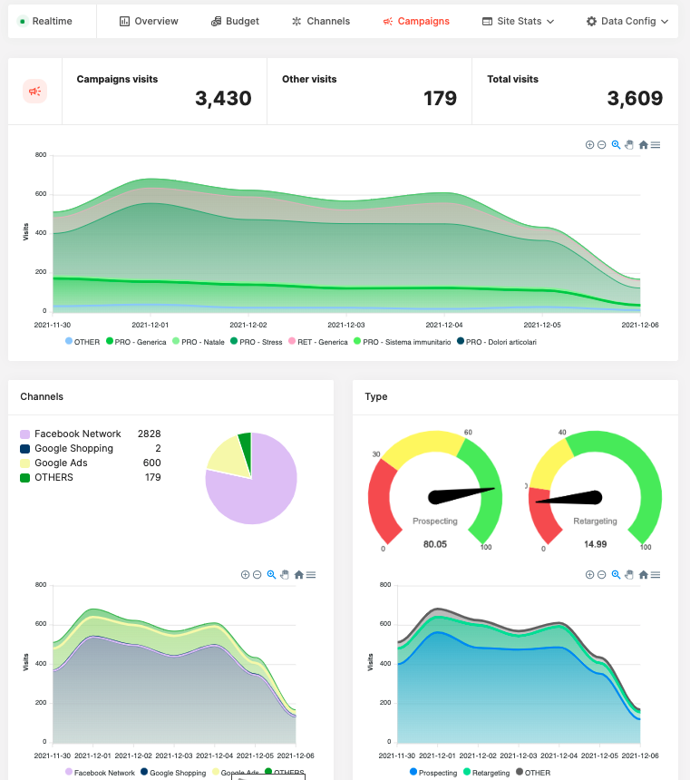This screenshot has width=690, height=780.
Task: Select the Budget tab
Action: coord(235,21)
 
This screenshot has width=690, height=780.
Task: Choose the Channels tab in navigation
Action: coord(321,21)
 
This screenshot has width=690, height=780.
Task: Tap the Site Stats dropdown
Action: coord(519,21)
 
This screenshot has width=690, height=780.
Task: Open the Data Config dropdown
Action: coord(627,21)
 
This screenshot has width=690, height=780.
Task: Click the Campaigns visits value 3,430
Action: coord(223,98)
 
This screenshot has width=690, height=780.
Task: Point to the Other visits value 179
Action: coord(440,98)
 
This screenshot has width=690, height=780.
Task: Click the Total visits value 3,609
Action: coord(635,98)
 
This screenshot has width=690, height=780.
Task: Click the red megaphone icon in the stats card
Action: coord(35,92)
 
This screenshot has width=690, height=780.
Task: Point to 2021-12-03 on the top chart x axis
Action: coord(345,324)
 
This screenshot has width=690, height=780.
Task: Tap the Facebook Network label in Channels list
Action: coord(77,434)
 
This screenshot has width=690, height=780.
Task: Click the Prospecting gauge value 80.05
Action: coord(434,544)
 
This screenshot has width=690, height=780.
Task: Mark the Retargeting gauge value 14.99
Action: coord(595,544)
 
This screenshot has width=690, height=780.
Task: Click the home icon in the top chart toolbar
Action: coord(643,144)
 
